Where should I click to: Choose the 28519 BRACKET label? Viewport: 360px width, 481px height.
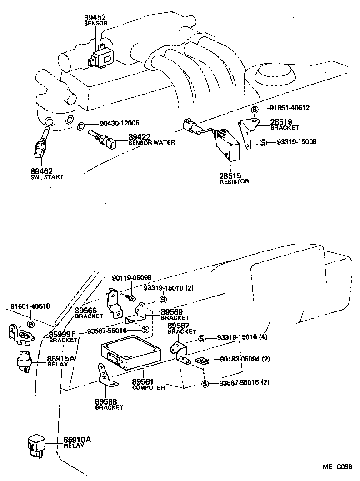click(284, 124)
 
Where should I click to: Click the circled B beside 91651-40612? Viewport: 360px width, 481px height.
click(255, 109)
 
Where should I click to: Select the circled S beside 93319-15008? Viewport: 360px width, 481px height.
click(263, 142)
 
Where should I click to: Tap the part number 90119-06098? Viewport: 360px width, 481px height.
click(132, 278)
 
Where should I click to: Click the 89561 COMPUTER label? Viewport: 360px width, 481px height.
click(148, 385)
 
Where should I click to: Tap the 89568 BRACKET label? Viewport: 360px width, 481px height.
click(109, 404)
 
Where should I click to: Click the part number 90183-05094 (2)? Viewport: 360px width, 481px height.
click(245, 359)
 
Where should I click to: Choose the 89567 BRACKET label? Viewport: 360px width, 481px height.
click(182, 328)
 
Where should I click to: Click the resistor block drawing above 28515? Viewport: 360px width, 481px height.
click(228, 145)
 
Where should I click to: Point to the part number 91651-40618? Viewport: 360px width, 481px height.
click(30, 307)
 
